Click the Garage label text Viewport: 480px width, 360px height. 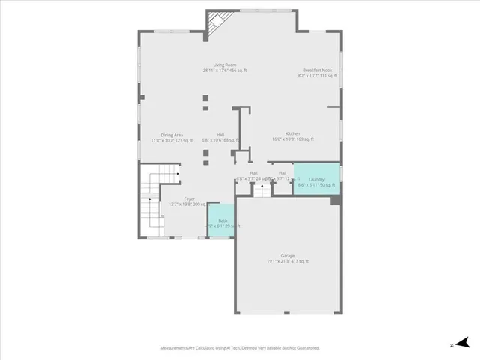coord(288,256)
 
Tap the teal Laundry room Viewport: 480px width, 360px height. coord(316,180)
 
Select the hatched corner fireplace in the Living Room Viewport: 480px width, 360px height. coord(217,22)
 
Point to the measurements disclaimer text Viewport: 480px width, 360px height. coord(240,347)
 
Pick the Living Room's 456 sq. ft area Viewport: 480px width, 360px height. coord(238,70)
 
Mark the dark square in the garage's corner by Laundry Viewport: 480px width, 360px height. coord(335,200)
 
